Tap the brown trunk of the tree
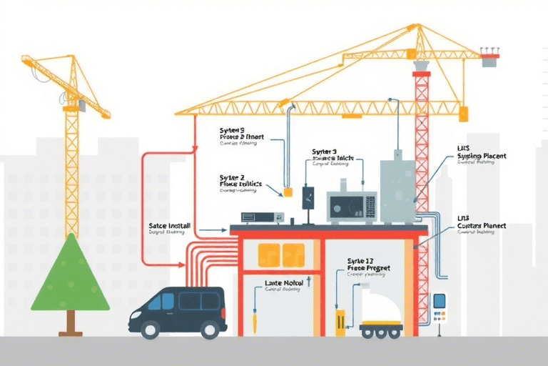coord(70,323)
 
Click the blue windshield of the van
coord(163,301)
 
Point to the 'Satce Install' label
coord(170,225)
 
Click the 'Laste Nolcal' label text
coord(284,283)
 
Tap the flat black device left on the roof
coord(258,217)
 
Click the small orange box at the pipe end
coord(288,192)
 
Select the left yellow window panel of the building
coord(269,254)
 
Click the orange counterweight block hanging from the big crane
coord(464,114)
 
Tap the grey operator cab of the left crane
coord(81,105)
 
